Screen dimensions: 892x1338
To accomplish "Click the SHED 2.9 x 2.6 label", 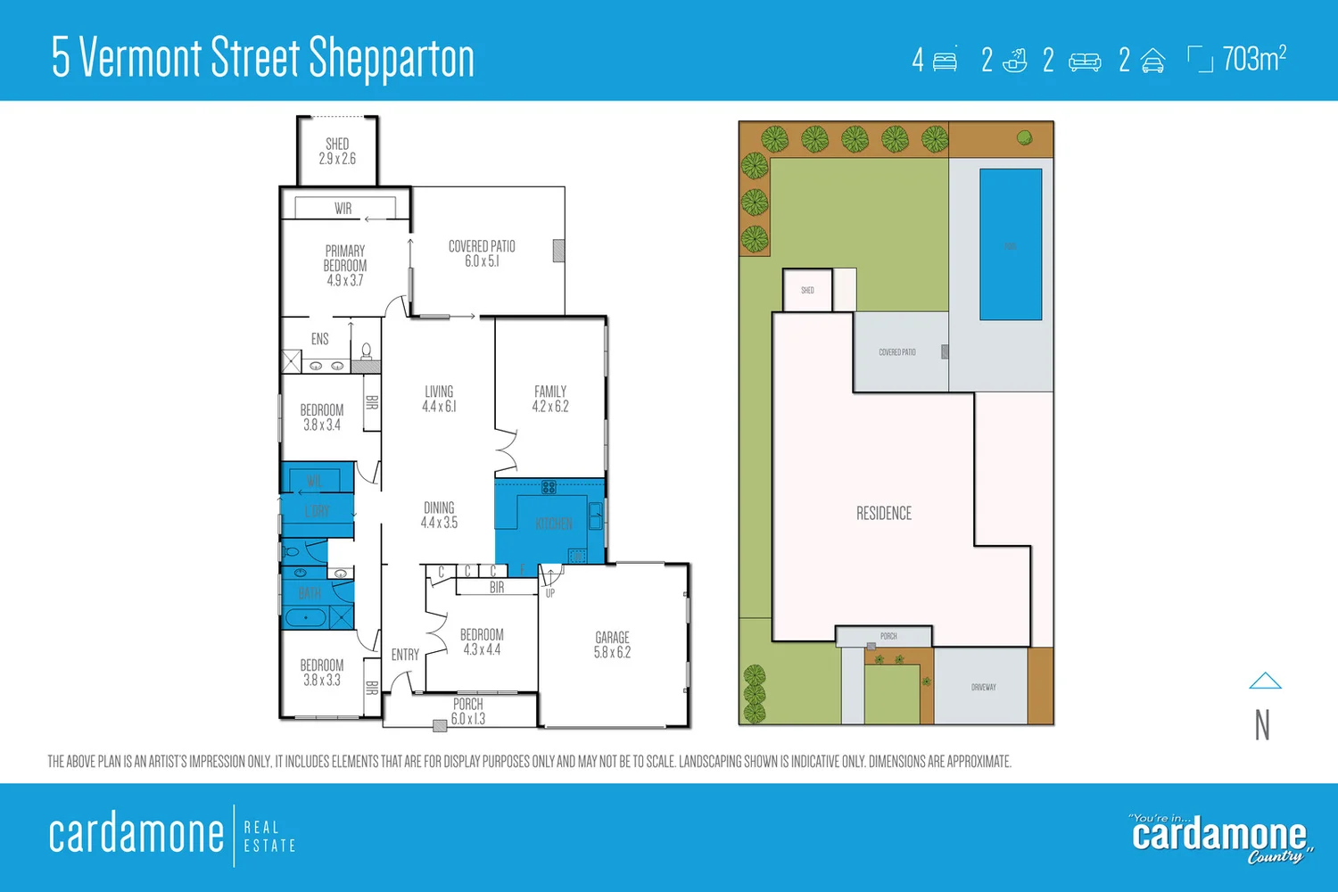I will point(337,151).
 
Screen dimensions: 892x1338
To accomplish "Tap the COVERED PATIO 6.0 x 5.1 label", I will point(482,253).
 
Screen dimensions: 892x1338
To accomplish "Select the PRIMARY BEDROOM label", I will point(345,265).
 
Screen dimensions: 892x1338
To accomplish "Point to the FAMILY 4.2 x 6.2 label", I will point(550,399).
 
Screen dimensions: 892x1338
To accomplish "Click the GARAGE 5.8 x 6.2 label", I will point(612,645).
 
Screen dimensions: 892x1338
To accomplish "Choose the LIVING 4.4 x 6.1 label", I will point(439,399).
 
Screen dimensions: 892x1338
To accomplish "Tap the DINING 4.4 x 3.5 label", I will point(439,515).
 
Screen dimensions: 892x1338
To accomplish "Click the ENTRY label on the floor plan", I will point(405,655).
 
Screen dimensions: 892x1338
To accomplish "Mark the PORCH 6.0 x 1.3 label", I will point(468,711).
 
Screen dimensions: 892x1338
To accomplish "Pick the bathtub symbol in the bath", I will point(306,617).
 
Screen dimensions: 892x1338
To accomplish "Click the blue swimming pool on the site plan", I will point(1011,244).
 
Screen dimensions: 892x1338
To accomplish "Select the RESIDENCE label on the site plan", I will point(884,514).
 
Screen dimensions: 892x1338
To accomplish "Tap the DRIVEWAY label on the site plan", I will point(983,688).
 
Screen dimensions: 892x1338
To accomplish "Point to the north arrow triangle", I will point(1265,681).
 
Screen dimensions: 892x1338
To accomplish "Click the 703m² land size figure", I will point(1254,59).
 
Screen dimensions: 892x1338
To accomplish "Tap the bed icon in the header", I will point(945,61).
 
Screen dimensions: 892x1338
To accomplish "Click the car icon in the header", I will point(1153,61).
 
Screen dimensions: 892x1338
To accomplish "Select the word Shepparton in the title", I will point(392,59).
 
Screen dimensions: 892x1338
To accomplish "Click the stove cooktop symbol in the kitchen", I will point(549,487).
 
